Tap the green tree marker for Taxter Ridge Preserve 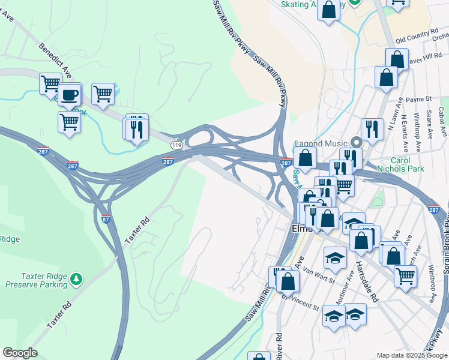(76, 279)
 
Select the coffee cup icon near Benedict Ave (70, 95)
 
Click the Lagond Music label (321, 143)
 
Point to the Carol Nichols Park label (400, 165)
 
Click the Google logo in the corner (20, 353)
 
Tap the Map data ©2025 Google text (411, 355)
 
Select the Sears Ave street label (429, 121)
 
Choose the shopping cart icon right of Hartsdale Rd (405, 276)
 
